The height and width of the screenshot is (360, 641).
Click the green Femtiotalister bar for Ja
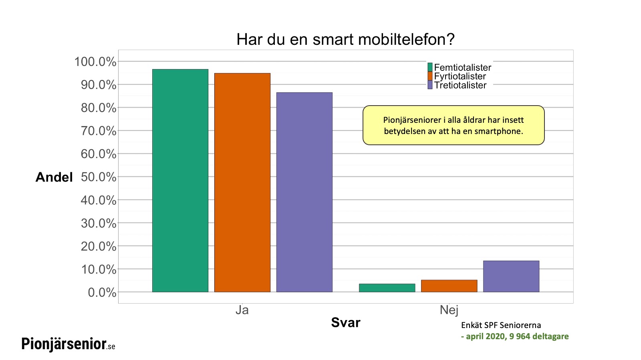[x=180, y=180]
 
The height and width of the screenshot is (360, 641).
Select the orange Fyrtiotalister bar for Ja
[x=242, y=182]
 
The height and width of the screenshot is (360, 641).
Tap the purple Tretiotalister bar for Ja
[x=304, y=192]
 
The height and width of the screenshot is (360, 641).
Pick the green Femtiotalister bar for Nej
[x=387, y=288]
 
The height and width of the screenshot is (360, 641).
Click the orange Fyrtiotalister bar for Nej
[x=449, y=286]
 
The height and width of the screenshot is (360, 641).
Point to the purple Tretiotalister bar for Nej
[x=511, y=276]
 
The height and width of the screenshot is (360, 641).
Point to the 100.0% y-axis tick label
[x=95, y=62]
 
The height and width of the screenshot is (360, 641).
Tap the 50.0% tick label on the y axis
[x=99, y=177]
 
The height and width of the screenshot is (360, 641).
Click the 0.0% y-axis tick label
[x=102, y=292]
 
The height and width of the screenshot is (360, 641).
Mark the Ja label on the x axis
[x=242, y=310]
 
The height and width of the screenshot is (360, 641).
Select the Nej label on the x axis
[x=449, y=310]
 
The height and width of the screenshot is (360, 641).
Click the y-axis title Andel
[x=54, y=177]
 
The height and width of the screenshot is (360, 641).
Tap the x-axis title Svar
[x=346, y=322]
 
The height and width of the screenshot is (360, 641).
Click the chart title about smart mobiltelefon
[x=345, y=39]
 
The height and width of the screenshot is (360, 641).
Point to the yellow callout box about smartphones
[x=454, y=125]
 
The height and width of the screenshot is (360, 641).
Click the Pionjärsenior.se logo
[x=68, y=344]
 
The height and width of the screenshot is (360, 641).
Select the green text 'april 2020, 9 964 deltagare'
[x=517, y=336]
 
